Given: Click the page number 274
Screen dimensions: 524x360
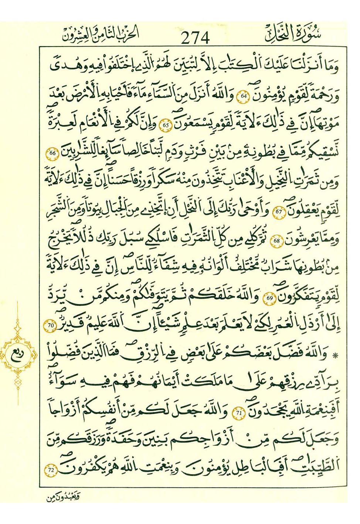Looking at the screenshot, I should (196, 38).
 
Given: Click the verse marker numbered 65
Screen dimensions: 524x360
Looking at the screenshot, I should (166, 125).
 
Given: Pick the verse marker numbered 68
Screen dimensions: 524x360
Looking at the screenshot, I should (277, 240).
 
